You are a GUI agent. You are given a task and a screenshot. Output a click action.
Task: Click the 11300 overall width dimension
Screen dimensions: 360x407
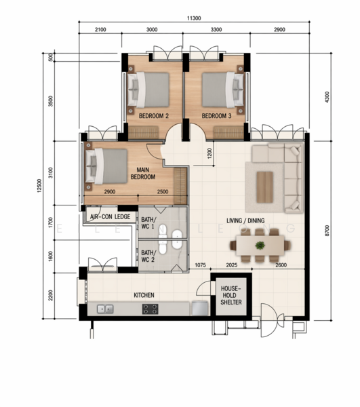pyautogui.click(x=194, y=18)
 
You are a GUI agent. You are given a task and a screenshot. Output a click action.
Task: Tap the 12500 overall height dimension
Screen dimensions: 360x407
pyautogui.click(x=39, y=186)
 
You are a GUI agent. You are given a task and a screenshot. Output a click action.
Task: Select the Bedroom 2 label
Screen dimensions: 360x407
pyautogui.click(x=154, y=116)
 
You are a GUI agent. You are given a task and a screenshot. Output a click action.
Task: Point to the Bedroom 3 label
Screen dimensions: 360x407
pyautogui.click(x=216, y=116)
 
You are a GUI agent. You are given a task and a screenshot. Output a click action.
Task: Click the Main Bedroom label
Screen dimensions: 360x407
pyautogui.click(x=143, y=174)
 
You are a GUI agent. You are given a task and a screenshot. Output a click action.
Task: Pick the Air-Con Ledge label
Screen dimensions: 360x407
pyautogui.click(x=111, y=216)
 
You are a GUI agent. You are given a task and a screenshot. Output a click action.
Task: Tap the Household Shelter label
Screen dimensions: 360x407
pyautogui.click(x=231, y=295)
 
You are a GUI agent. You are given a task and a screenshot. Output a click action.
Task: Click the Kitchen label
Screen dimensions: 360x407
pyautogui.click(x=144, y=295)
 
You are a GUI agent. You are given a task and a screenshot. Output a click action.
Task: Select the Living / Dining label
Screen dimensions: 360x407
pyautogui.click(x=245, y=220)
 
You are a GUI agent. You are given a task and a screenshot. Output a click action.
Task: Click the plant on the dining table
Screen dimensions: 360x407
pyautogui.click(x=260, y=245)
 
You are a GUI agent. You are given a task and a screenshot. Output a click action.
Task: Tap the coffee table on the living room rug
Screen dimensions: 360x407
pyautogui.click(x=265, y=187)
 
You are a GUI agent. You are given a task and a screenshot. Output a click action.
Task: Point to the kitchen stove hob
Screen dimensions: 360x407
pyautogui.click(x=151, y=309)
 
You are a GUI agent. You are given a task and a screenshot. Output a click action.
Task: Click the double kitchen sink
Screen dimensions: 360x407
pyautogui.click(x=105, y=309)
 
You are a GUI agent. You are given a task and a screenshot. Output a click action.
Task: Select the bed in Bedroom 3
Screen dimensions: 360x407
pyautogui.click(x=223, y=90)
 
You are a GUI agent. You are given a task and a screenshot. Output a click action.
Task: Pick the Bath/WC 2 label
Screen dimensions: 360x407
pyautogui.click(x=148, y=256)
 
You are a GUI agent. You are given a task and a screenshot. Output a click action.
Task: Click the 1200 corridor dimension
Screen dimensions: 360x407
pyautogui.click(x=209, y=153)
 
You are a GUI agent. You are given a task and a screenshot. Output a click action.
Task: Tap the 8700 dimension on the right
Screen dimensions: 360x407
pyautogui.click(x=327, y=231)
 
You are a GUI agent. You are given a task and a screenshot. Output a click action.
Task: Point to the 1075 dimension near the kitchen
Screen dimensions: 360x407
pyautogui.click(x=200, y=265)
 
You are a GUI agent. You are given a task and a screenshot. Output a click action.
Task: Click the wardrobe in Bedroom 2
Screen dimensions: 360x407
pyautogui.click(x=144, y=132)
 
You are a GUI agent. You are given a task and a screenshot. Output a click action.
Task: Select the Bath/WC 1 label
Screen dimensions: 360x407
pyautogui.click(x=148, y=223)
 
